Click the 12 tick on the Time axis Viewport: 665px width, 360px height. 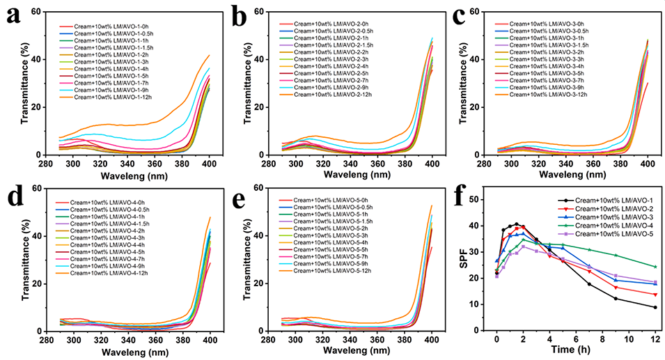click(655, 339)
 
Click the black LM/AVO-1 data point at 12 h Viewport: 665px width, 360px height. click(655, 307)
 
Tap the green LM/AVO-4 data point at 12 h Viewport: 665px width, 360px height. click(655, 267)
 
